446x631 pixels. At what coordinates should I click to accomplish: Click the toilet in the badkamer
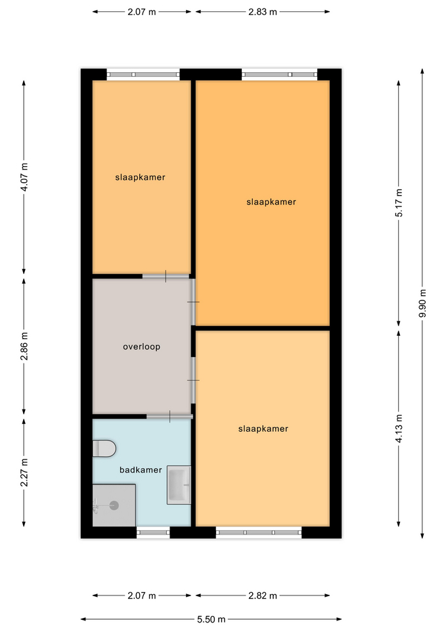tap(104, 448)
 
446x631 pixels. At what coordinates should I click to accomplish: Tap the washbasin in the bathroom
tap(179, 485)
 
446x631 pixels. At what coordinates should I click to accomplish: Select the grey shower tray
tap(114, 505)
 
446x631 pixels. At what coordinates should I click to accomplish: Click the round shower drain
tap(114, 505)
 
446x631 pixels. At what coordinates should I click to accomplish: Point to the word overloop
tap(142, 346)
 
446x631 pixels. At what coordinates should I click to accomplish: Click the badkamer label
tap(141, 469)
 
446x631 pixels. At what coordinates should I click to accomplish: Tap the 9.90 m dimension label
tap(422, 303)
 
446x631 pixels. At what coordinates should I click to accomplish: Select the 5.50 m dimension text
tap(211, 619)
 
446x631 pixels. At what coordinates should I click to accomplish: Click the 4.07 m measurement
tap(24, 177)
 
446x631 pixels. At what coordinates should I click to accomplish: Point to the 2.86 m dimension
tap(24, 346)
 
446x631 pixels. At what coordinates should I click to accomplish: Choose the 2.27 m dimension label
tap(24, 473)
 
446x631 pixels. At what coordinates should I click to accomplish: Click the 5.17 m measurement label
tap(399, 203)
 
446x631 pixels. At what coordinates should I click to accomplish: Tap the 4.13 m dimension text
tap(399, 428)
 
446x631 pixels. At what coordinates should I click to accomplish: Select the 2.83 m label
tap(263, 12)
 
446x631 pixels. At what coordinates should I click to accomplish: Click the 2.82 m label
tap(263, 596)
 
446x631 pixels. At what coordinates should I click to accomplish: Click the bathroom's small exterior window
tap(153, 532)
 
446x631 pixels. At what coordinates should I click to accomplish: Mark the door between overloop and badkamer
tap(169, 417)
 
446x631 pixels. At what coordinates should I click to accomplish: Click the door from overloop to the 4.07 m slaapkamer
tap(166, 277)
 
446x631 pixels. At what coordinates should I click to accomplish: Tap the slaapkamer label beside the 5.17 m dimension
tap(271, 202)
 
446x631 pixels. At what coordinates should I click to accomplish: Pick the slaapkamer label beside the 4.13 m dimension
tap(263, 429)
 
